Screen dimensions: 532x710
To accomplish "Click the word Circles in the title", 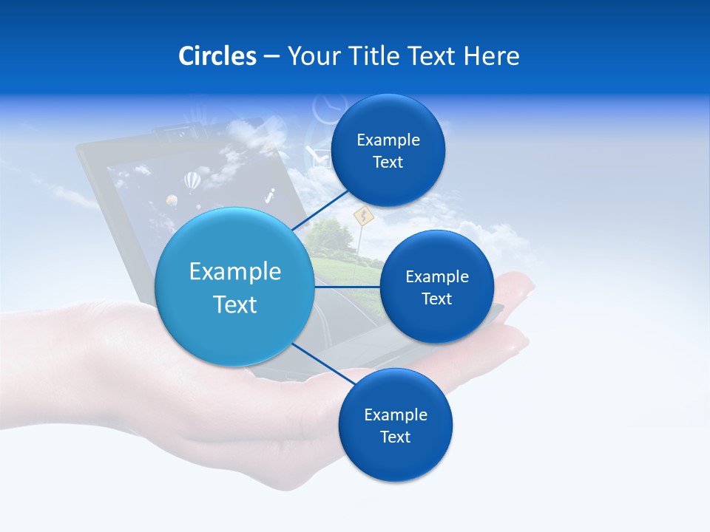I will click(x=217, y=56).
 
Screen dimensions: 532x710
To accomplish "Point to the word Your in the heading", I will click(x=311, y=56).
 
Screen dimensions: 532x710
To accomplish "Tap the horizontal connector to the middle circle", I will click(x=347, y=287).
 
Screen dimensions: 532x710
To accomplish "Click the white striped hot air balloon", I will click(x=192, y=180).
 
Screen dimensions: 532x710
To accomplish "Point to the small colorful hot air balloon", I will click(x=172, y=200).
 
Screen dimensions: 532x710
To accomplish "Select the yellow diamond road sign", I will click(x=362, y=216).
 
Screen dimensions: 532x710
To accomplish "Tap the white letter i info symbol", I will click(x=270, y=196).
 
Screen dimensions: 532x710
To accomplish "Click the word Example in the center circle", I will click(x=234, y=272).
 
